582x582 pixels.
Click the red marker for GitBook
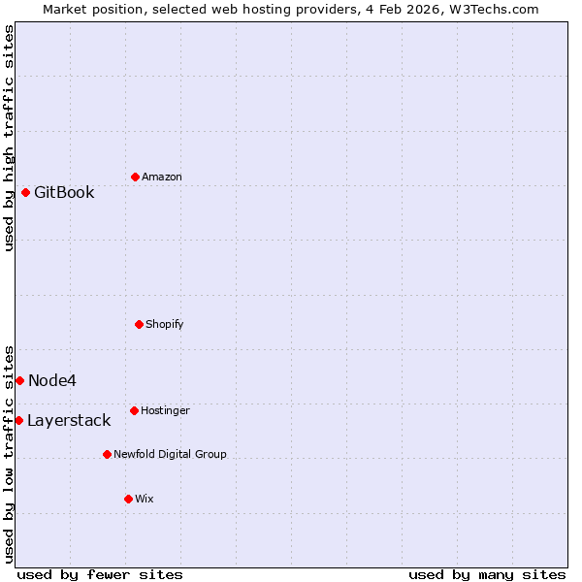[x=25, y=192]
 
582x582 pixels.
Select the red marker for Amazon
[x=135, y=177]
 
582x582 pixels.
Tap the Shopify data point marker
[x=139, y=324]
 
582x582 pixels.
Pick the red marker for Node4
[x=19, y=380]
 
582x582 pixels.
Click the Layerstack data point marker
[x=18, y=420]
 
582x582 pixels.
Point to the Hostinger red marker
[x=134, y=410]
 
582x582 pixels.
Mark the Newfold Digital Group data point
[x=107, y=454]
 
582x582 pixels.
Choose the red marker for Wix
[x=128, y=499]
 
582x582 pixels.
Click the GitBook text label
[x=64, y=192]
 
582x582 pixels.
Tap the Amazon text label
[x=162, y=177]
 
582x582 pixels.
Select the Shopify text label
[x=165, y=324]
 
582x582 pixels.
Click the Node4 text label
[x=52, y=380]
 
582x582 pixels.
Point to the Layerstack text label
[x=69, y=420]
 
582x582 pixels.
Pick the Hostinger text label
[x=165, y=410]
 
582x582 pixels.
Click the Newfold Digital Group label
[x=170, y=454]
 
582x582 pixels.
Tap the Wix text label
[x=145, y=499]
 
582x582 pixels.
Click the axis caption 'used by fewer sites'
[x=100, y=574]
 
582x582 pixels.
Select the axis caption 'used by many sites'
[x=487, y=574]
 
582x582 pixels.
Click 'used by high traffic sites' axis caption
[x=9, y=138]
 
